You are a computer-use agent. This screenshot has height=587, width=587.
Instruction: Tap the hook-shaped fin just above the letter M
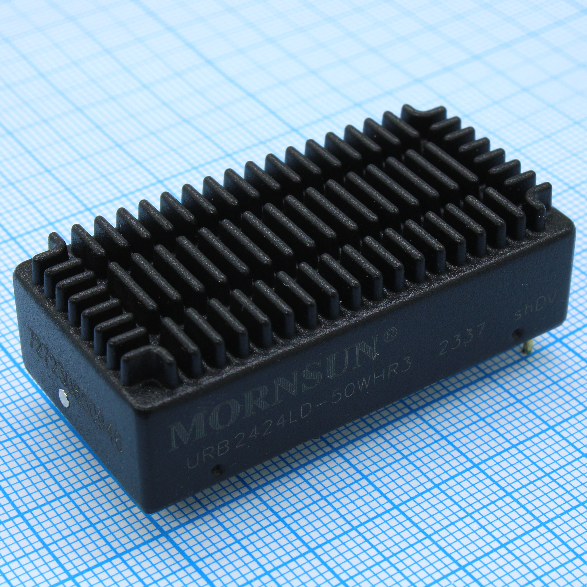click(x=146, y=359)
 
